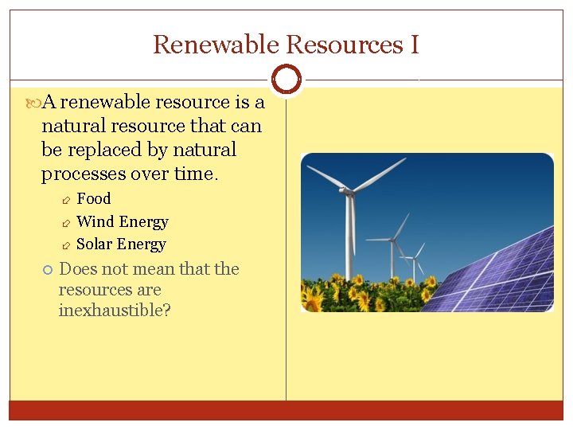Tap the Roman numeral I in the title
pyautogui.click(x=414, y=45)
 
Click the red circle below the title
pyautogui.click(x=286, y=79)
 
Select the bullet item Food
pyautogui.click(x=93, y=198)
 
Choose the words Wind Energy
pyautogui.click(x=122, y=221)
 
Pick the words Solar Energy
pyautogui.click(x=121, y=244)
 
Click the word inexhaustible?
pyautogui.click(x=115, y=311)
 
